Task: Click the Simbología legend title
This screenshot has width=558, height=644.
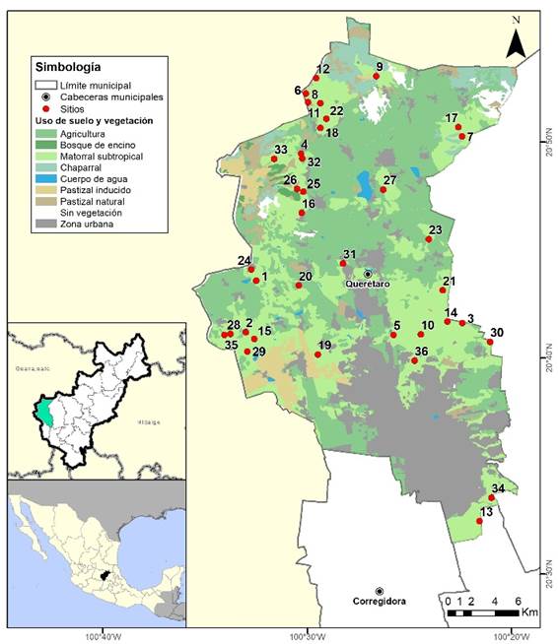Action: [x=67, y=68]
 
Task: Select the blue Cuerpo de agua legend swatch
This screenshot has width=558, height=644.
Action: [x=45, y=178]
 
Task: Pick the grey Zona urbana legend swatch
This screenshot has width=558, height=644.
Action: [x=45, y=225]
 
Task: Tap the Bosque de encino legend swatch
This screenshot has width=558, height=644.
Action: [x=45, y=144]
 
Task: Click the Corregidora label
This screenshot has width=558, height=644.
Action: [x=380, y=601]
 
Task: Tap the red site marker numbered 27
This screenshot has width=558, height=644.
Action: [x=384, y=189]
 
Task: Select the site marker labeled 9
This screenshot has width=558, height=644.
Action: [x=376, y=76]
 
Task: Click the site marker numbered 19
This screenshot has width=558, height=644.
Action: [x=317, y=354]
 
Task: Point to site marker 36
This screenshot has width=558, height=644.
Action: [x=414, y=361]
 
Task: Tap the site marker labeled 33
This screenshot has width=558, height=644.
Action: [x=274, y=159]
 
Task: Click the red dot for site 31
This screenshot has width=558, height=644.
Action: [x=342, y=263]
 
